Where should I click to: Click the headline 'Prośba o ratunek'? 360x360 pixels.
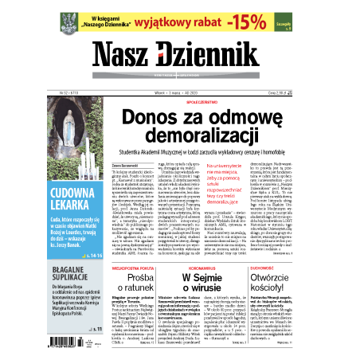(x=119, y=288)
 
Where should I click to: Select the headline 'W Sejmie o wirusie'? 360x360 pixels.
(x=187, y=288)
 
